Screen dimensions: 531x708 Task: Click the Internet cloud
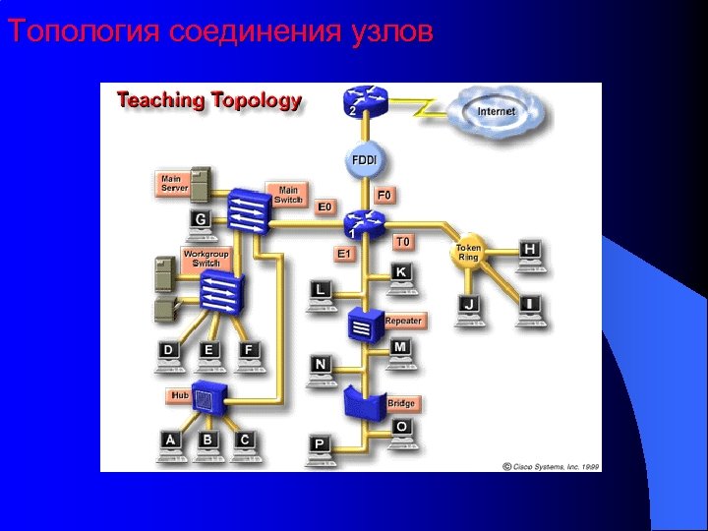point(496,113)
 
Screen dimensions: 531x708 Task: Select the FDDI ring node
point(365,160)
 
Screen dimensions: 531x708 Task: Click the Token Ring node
point(468,253)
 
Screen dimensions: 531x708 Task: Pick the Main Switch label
point(287,195)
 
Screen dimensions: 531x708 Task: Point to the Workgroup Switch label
point(206,259)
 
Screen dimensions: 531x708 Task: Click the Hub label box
point(180,394)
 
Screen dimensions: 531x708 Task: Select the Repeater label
point(403,321)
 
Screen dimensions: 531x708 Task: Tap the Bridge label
point(401,403)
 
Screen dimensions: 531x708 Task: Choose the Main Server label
point(175,183)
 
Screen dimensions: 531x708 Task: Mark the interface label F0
point(383,196)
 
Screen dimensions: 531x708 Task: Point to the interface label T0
point(403,241)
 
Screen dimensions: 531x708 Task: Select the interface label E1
point(344,254)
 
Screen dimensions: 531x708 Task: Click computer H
point(530,253)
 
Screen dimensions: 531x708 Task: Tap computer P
point(320,446)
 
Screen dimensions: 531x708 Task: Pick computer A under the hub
point(171,443)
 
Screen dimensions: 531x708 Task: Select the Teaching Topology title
point(209,100)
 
